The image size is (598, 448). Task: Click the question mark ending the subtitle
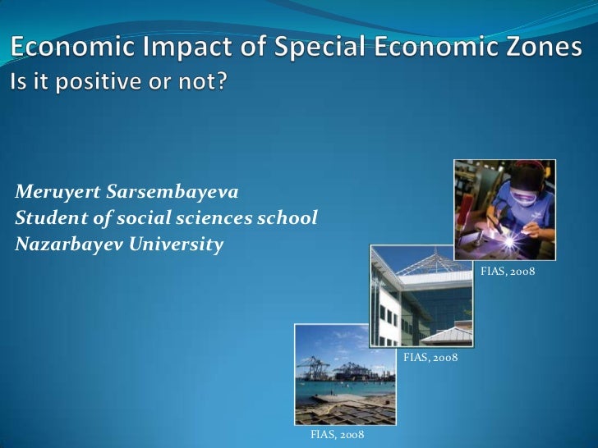(x=218, y=83)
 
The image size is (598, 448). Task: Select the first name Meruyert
(x=54, y=193)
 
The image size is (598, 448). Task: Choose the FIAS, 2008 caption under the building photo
(x=430, y=358)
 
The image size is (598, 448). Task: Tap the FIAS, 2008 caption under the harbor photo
(x=337, y=433)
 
